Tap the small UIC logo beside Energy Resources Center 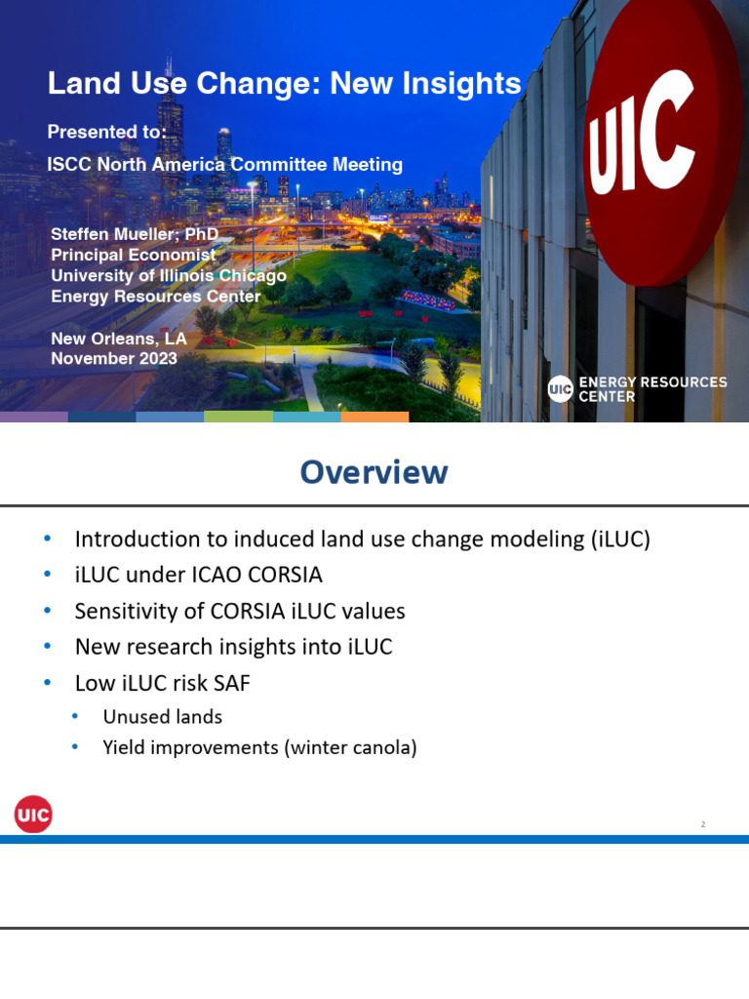pyautogui.click(x=560, y=389)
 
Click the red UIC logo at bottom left pyautogui.click(x=33, y=814)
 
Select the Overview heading pyautogui.click(x=374, y=472)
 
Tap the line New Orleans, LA pyautogui.click(x=118, y=339)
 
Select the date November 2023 pyautogui.click(x=114, y=359)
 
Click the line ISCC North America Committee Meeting pyautogui.click(x=225, y=165)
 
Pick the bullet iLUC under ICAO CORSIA pyautogui.click(x=198, y=575)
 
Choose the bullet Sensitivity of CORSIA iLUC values pyautogui.click(x=240, y=612)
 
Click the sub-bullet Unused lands pyautogui.click(x=162, y=717)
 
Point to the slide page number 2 pyautogui.click(x=702, y=824)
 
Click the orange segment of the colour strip pyautogui.click(x=374, y=417)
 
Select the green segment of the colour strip pyautogui.click(x=238, y=417)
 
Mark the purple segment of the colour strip pyautogui.click(x=34, y=417)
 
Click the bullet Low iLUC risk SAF pyautogui.click(x=162, y=684)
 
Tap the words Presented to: pyautogui.click(x=107, y=132)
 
